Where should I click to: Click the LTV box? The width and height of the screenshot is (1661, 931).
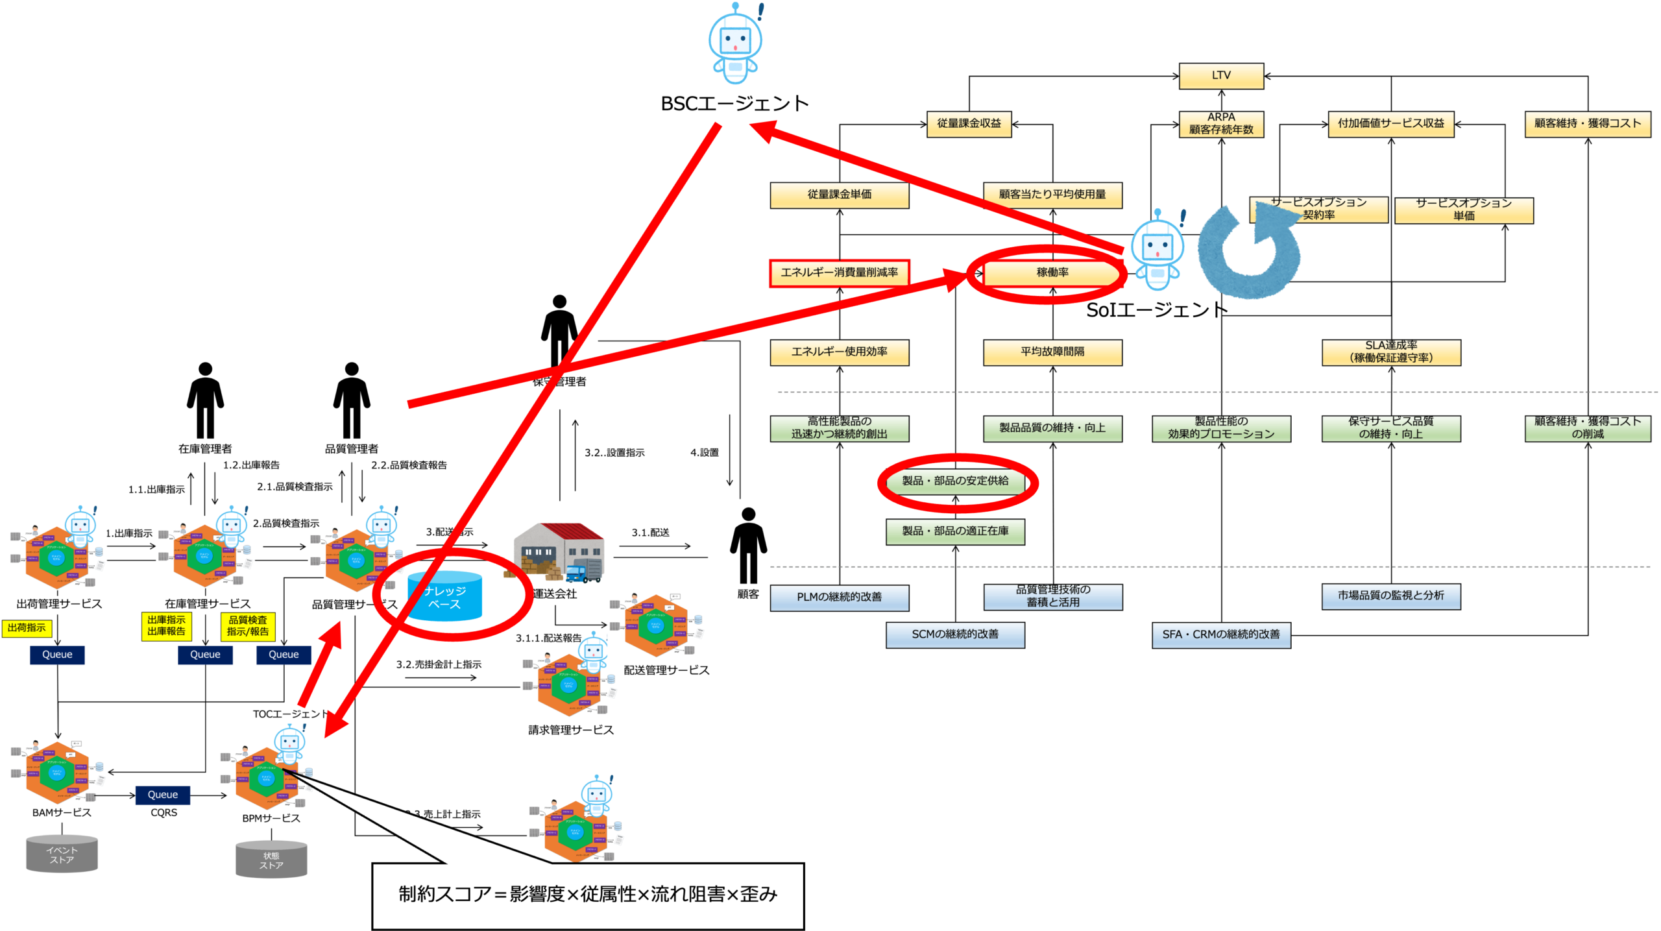click(1221, 76)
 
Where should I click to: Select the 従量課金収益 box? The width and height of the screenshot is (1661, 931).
click(969, 124)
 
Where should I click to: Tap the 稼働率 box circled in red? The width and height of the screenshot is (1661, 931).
click(1052, 273)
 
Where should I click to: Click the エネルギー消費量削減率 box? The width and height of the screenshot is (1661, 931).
click(839, 273)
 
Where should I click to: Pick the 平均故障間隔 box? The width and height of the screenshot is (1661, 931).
click(1052, 352)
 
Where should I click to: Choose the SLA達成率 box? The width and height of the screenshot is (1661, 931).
click(1391, 352)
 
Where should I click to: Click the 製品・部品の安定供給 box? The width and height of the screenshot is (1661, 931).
click(955, 481)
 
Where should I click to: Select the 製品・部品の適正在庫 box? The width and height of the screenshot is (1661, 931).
click(955, 531)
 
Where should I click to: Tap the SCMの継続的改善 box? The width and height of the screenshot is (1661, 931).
click(955, 635)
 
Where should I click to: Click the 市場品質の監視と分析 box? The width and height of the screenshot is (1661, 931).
click(1391, 596)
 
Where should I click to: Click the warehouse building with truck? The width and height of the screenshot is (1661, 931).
click(558, 552)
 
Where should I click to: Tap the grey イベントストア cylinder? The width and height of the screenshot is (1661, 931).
click(62, 854)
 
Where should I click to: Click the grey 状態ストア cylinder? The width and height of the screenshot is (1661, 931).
click(271, 860)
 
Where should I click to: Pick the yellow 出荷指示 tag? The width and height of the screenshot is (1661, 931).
click(27, 628)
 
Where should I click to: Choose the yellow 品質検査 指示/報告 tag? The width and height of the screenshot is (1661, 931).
click(248, 627)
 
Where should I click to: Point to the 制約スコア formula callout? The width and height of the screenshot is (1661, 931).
click(588, 895)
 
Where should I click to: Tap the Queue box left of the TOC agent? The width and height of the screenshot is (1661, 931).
click(162, 795)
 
